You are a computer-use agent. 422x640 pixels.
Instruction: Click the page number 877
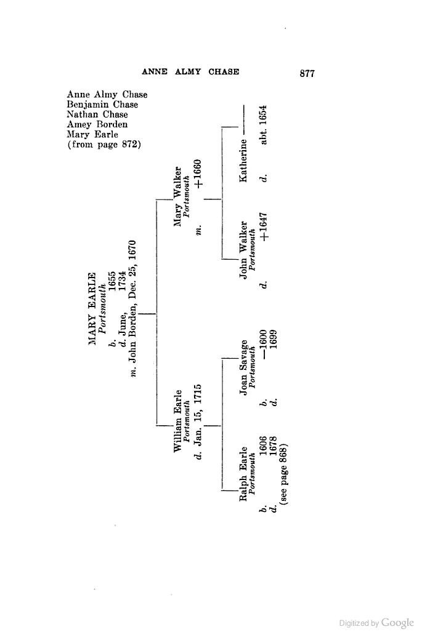point(307,73)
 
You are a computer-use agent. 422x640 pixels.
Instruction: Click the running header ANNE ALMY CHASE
point(190,71)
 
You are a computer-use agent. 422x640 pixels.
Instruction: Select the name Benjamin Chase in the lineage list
point(102,105)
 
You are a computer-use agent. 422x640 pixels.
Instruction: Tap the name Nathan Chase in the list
point(97,114)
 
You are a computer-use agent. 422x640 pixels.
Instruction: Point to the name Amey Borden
point(97,124)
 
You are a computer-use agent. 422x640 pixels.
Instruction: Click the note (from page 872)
point(104,145)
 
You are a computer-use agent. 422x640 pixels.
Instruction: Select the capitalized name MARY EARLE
point(93,308)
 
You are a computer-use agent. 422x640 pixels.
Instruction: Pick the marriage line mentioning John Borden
point(132,308)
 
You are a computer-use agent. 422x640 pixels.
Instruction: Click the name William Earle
point(177,421)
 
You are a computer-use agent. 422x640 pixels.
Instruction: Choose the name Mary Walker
point(177,196)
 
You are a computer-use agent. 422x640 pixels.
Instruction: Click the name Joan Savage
point(243,368)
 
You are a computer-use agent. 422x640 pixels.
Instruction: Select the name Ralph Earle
point(243,474)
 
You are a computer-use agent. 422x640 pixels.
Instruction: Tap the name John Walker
point(243,250)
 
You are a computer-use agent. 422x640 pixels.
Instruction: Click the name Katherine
point(243,161)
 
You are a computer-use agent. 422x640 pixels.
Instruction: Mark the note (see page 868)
point(285,473)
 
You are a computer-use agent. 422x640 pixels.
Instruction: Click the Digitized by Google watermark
point(376,623)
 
